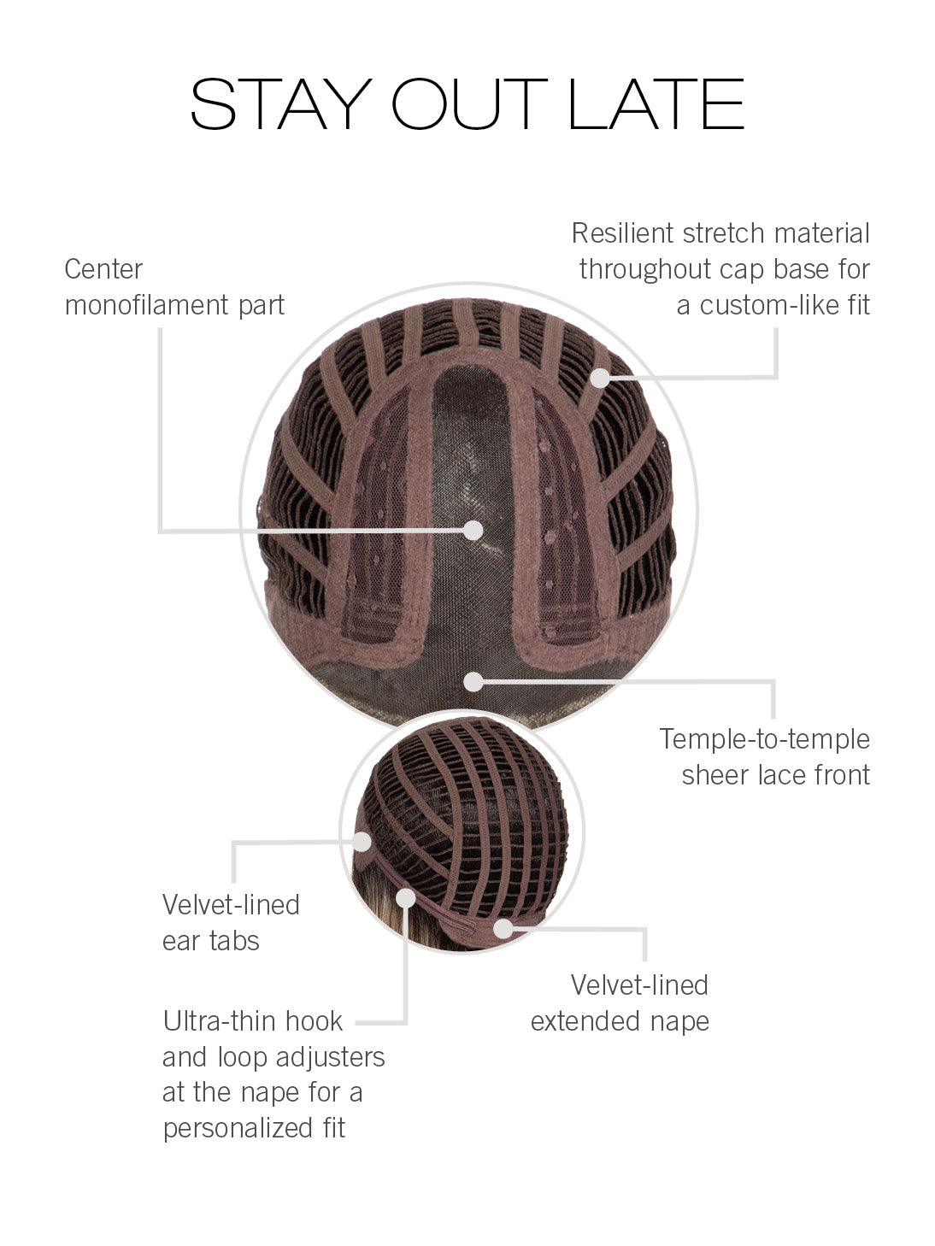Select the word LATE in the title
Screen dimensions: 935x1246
[656, 104]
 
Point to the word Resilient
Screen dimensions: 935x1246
[622, 232]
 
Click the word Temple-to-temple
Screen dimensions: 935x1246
[765, 740]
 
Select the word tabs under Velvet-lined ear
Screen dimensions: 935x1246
[234, 941]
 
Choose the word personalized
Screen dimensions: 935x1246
[238, 1128]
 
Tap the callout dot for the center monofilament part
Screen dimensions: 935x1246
[473, 530]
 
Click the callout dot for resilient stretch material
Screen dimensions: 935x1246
[599, 378]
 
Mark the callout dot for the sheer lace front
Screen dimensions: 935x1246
[473, 681]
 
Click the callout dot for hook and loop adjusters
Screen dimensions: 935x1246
[406, 897]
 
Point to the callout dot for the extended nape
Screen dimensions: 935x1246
[503, 929]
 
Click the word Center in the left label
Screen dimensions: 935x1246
[103, 269]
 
